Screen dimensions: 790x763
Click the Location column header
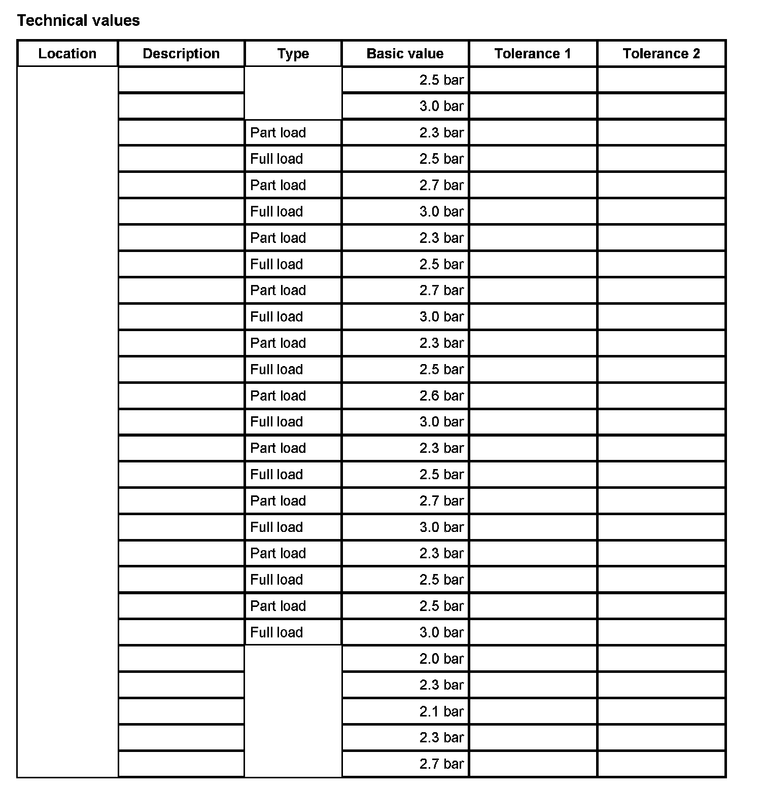67,54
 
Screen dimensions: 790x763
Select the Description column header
181,54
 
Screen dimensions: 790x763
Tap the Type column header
293,54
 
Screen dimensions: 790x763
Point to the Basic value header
405,54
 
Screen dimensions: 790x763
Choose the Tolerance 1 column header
533,54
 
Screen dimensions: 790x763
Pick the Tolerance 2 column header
661,54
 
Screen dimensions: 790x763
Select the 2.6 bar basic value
441,396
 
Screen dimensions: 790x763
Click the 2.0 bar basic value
441,659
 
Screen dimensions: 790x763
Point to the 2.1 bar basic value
441,711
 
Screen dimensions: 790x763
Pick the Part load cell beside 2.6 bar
278,396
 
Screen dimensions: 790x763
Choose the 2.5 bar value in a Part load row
441,606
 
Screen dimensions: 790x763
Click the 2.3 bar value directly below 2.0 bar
441,685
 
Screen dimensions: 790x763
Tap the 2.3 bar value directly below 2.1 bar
441,738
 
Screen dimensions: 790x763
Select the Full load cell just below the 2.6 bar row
276,422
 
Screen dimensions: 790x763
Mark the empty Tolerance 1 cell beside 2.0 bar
533,659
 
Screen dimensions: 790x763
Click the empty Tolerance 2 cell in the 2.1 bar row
661,711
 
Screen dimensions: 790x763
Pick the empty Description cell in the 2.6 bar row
181,396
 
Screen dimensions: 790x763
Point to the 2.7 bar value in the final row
441,764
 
